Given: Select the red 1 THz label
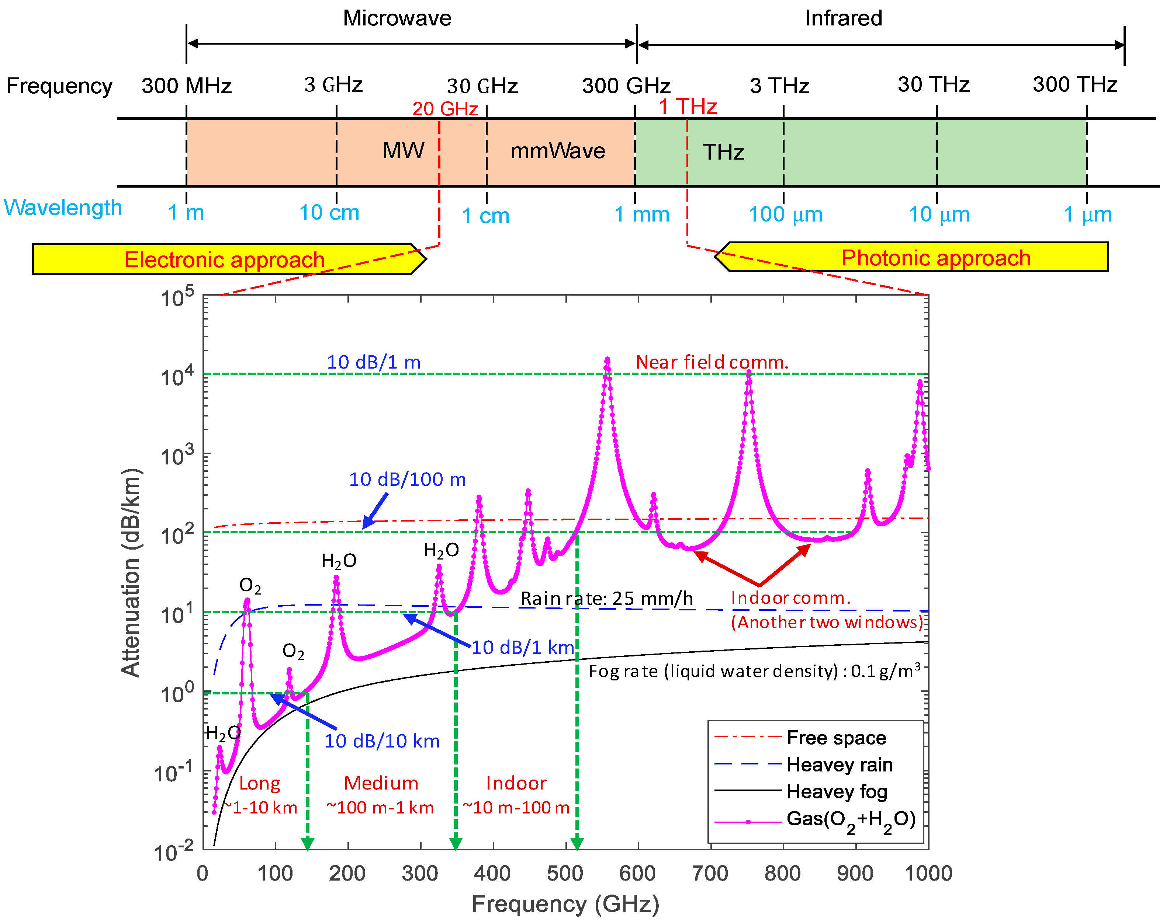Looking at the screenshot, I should point(687,107).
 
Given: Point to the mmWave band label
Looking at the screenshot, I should point(557,151).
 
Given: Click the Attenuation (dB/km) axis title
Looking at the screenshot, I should point(131,572).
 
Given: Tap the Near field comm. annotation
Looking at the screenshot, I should point(712,362).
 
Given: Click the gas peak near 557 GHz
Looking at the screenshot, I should point(608,361).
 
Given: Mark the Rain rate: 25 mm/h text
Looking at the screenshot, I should point(606,599).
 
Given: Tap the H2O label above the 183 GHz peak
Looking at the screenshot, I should point(339,561).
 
